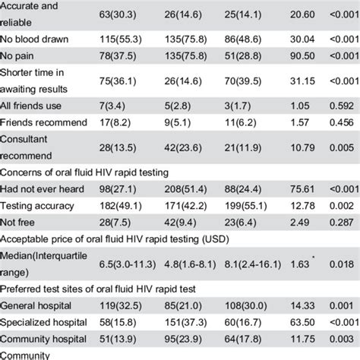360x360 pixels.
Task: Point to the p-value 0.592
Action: click(337, 106)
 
